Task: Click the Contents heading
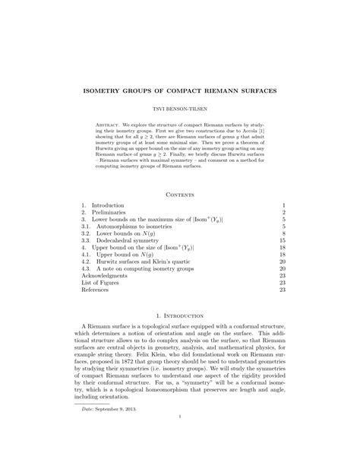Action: coord(180,195)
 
